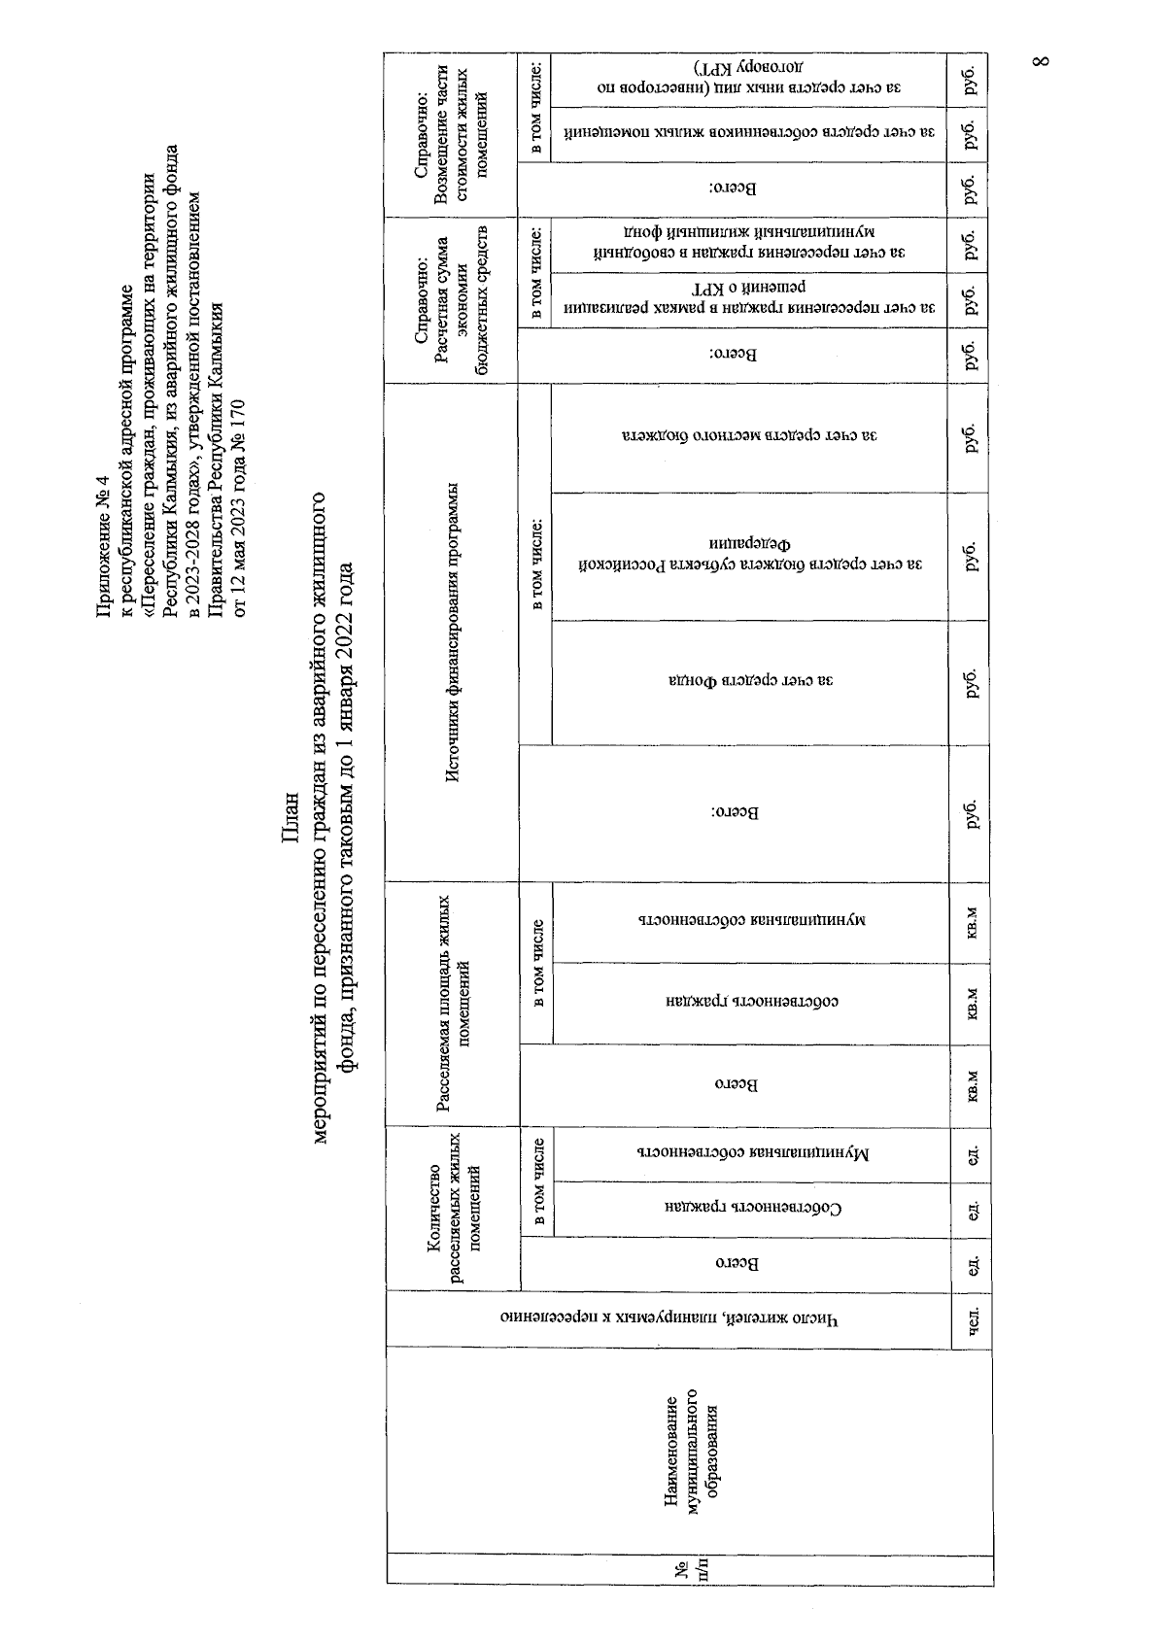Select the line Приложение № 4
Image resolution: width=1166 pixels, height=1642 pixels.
pos(105,564)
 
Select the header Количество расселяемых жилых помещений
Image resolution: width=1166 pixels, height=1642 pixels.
pos(454,1209)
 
